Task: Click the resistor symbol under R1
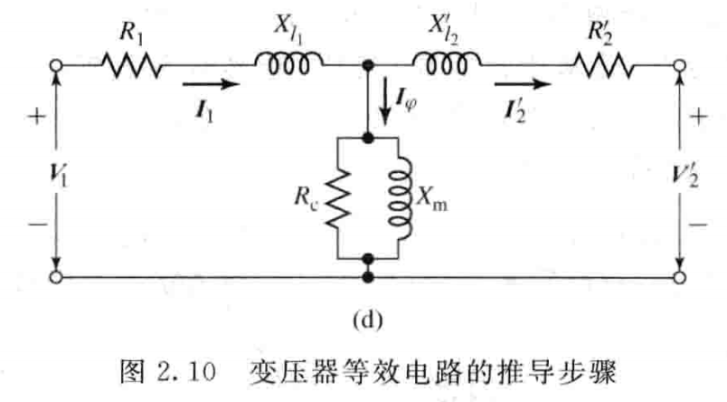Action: (132, 66)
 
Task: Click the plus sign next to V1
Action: (37, 118)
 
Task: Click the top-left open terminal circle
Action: (57, 66)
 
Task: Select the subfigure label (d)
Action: (368, 319)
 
